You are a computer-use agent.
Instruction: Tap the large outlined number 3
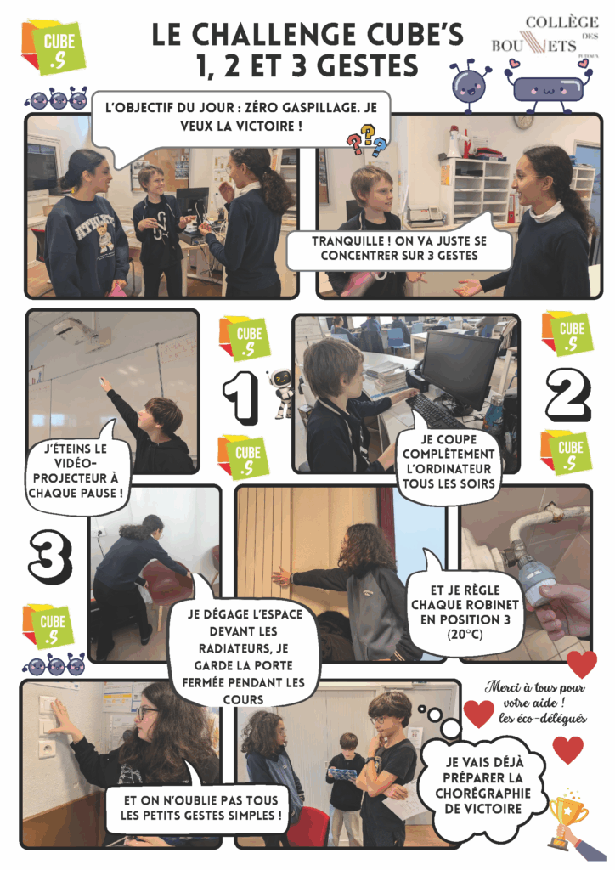50,556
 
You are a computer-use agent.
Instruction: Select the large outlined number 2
568,396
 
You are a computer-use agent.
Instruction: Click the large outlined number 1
240,397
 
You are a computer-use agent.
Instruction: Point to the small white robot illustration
281,393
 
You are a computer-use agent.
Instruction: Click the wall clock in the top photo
522,119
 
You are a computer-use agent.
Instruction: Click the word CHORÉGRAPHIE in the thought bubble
483,794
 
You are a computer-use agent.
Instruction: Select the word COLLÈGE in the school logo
561,23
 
